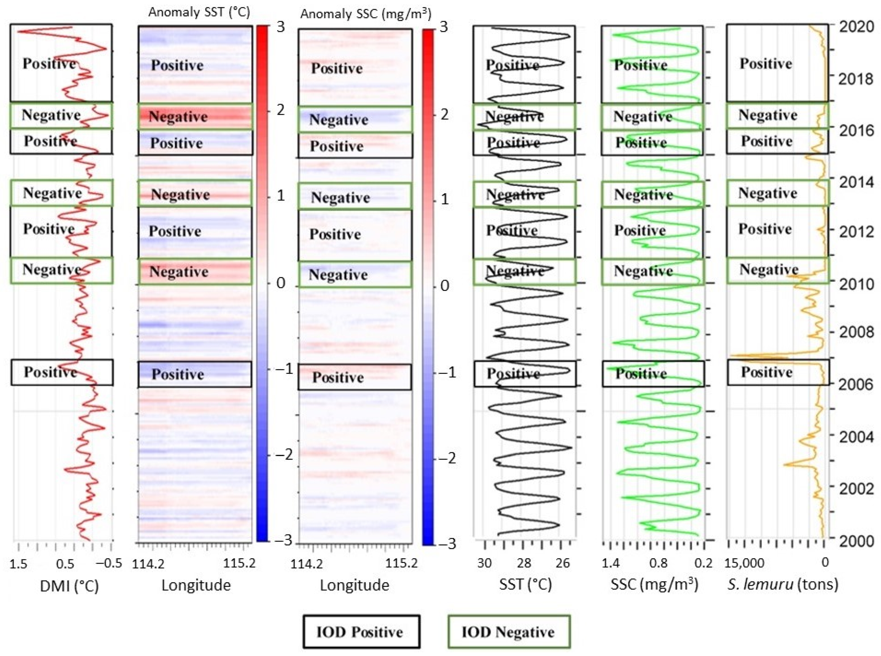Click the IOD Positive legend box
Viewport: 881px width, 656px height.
point(361,632)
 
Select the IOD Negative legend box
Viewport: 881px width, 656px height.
point(509,632)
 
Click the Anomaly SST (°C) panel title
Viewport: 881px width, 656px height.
point(199,12)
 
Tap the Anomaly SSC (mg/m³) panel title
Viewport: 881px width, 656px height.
point(365,14)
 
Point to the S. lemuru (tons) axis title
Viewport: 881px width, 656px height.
point(783,584)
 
